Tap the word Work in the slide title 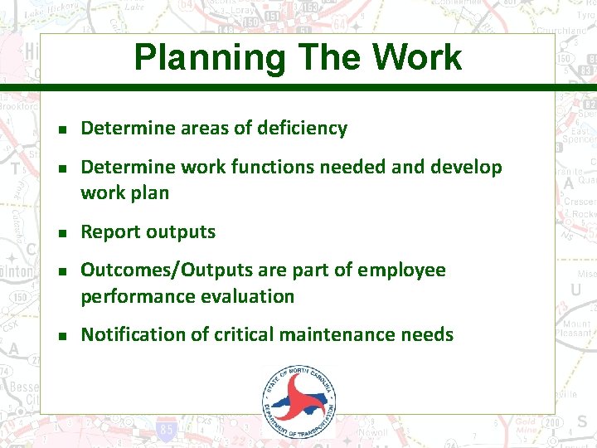tap(417, 57)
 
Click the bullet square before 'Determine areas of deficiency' tap(61, 129)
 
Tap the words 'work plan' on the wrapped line tap(124, 193)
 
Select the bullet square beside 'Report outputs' tap(61, 233)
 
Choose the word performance tap(133, 296)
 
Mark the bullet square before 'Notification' tap(61, 335)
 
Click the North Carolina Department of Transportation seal tap(299, 402)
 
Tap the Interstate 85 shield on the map tap(166, 431)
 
